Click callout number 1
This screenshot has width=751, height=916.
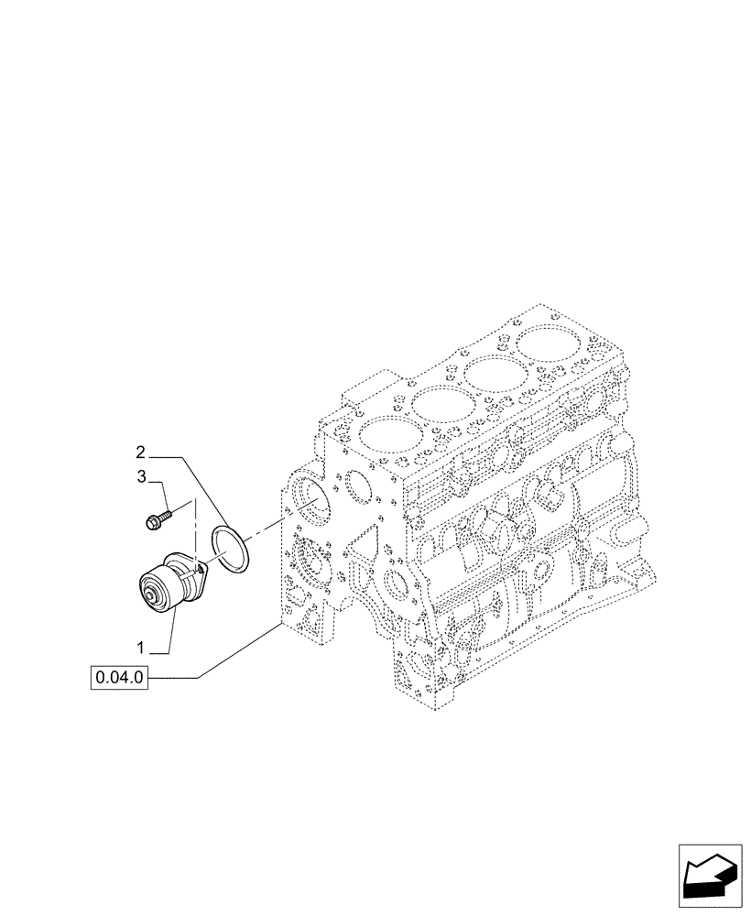(140, 648)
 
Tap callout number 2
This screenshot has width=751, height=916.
(140, 452)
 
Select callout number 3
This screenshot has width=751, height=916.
(142, 476)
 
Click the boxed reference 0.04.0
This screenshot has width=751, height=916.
(119, 679)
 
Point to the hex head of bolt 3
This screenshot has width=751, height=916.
(153, 521)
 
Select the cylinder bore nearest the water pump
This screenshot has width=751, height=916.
(388, 434)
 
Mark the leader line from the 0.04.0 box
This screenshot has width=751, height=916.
(238, 650)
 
